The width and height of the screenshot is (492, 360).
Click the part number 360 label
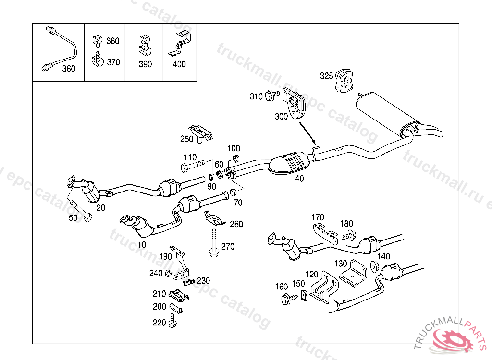(68, 69)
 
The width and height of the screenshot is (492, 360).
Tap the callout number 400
(179, 64)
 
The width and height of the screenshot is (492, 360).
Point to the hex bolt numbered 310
(272, 95)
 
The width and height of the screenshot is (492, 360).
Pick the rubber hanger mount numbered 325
(344, 81)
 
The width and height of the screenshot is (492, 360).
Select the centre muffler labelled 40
(289, 162)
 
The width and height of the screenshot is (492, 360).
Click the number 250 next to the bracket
(187, 139)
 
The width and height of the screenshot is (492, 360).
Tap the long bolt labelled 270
(214, 243)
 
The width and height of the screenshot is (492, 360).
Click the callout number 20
(101, 208)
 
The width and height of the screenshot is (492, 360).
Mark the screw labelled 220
(172, 321)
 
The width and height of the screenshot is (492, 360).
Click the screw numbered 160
(289, 299)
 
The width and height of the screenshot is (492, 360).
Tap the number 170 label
(318, 217)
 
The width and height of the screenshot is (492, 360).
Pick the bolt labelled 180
(349, 235)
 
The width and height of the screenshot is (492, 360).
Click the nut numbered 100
(236, 158)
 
